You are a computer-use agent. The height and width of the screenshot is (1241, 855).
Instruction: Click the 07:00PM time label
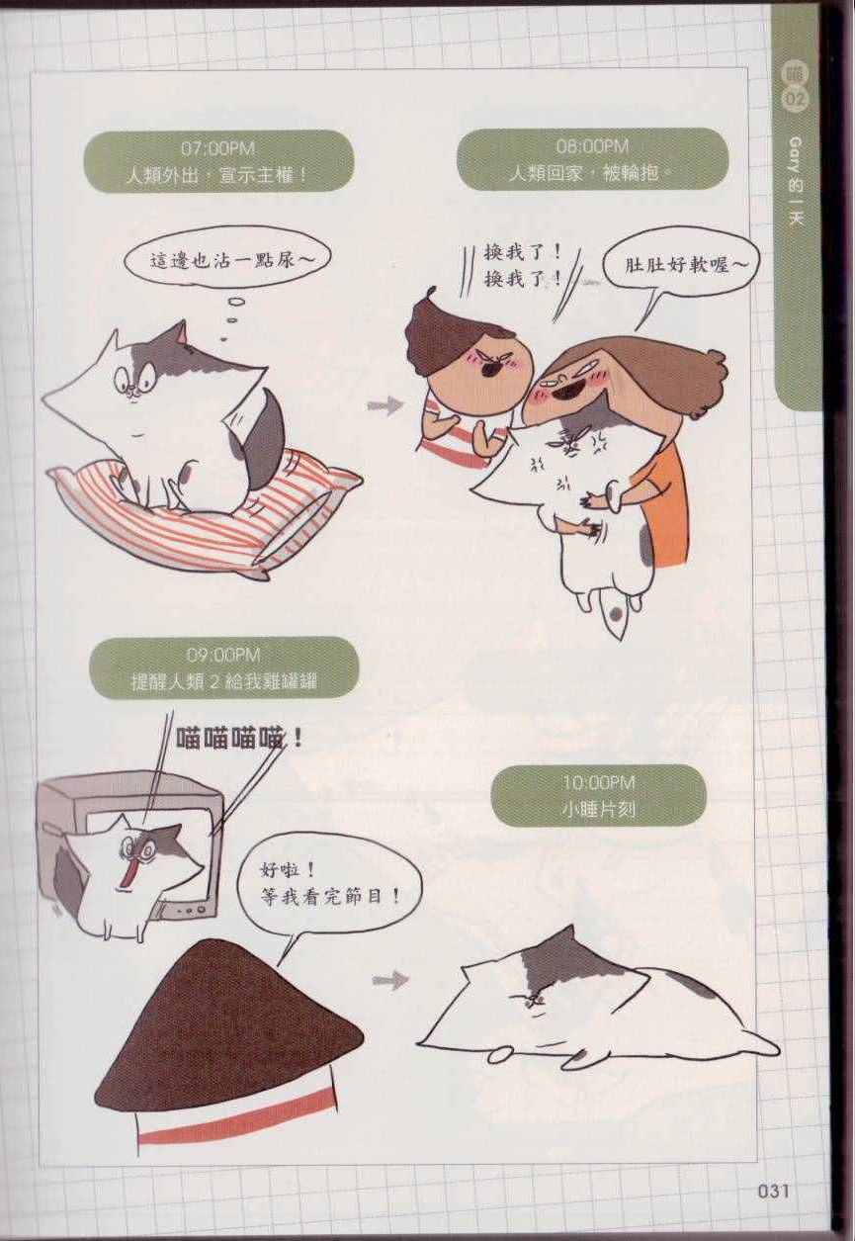217,149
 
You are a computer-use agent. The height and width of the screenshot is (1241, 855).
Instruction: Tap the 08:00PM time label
592,146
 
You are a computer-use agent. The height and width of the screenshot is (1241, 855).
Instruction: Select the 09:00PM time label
223,656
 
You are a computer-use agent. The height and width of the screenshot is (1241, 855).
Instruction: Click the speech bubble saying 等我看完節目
329,885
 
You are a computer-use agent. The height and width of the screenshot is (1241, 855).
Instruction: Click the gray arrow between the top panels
385,405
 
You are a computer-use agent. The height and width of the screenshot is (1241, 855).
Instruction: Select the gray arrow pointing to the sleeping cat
389,980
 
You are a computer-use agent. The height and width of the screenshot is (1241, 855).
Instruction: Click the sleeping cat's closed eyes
532,1003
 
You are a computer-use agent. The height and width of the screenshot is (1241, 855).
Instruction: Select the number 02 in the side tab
797,100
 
